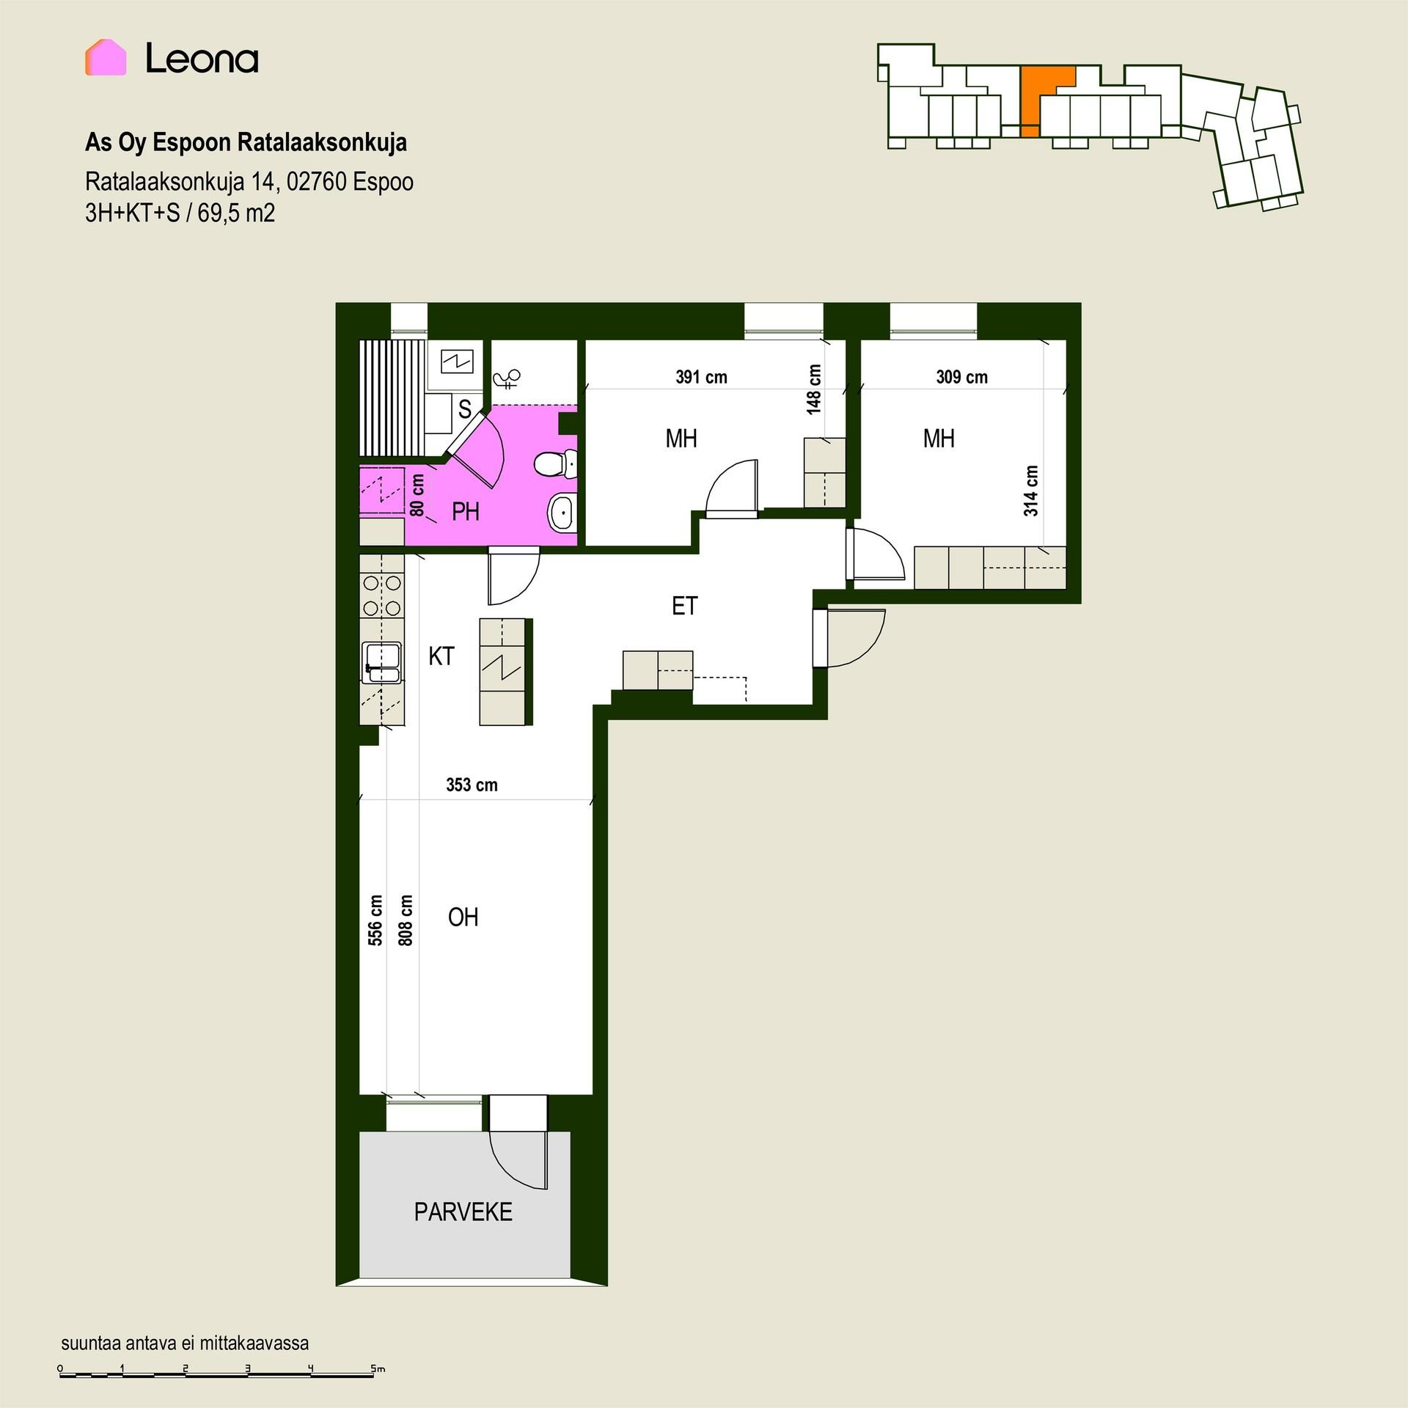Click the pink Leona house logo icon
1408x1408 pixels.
[106, 57]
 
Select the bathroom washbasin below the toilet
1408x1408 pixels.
[562, 511]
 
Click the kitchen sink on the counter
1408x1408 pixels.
[381, 662]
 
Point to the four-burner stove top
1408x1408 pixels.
[382, 595]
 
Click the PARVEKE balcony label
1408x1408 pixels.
[463, 1211]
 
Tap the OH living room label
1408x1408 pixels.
[463, 917]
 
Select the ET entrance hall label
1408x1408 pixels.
[684, 606]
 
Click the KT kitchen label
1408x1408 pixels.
[441, 656]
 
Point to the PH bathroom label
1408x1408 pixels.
[466, 511]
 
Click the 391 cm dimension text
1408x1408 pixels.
[701, 377]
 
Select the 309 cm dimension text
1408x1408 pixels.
[961, 377]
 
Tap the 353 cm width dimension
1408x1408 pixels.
[472, 785]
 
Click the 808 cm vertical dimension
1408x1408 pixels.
[405, 920]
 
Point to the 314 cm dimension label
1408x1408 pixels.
[1031, 491]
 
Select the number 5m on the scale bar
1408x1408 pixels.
[378, 1368]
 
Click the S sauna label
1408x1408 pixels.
[464, 409]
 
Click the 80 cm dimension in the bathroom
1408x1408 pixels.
[417, 494]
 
